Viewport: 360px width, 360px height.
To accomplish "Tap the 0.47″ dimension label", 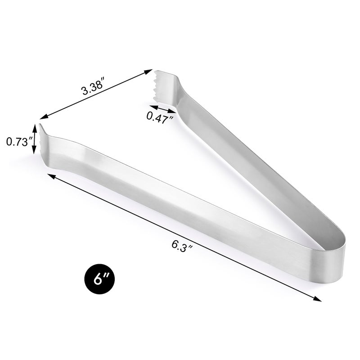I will (x=160, y=118).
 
